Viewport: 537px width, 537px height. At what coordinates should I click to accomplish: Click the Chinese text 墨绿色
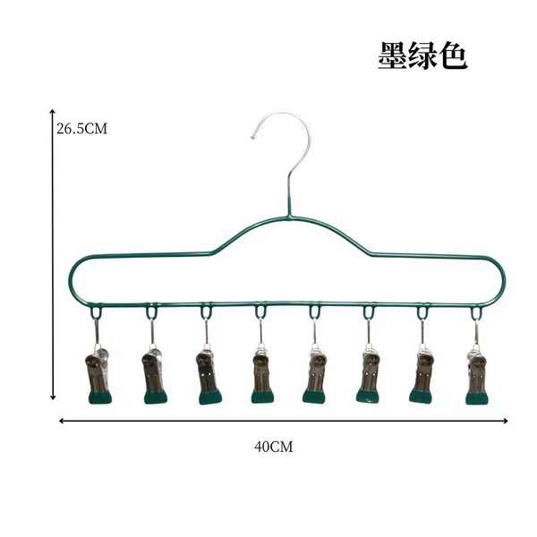click(x=423, y=55)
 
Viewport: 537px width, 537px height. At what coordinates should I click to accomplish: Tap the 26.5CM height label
click(x=81, y=129)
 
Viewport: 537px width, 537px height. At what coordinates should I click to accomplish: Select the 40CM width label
click(x=274, y=447)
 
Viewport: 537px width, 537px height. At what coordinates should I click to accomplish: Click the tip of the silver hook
click(x=253, y=138)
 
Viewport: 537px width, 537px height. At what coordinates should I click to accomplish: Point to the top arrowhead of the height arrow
click(x=53, y=111)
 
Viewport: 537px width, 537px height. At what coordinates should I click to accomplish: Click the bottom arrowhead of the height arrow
click(x=53, y=398)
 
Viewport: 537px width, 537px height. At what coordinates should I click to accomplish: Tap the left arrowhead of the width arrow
click(x=61, y=421)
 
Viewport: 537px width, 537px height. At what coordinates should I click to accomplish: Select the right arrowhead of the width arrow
click(x=507, y=421)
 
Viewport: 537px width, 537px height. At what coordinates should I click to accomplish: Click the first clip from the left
click(x=98, y=375)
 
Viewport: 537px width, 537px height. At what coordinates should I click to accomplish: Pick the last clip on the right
click(x=477, y=375)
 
